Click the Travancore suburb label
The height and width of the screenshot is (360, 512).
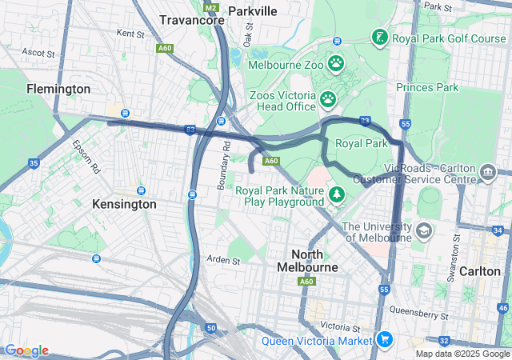tap(191, 19)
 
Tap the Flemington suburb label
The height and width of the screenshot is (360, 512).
tap(58, 88)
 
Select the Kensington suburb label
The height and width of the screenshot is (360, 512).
tap(124, 204)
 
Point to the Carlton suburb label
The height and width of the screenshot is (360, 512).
tap(479, 270)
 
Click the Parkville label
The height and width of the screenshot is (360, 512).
tap(252, 10)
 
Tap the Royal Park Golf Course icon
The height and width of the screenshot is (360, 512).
tap(379, 37)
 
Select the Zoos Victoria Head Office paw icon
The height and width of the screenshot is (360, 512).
tap(328, 99)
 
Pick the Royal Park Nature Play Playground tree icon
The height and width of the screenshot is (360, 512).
tap(338, 195)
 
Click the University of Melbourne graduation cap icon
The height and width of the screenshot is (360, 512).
tap(423, 232)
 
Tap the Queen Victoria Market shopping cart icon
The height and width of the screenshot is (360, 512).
tap(385, 340)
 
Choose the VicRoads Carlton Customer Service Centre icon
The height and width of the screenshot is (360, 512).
tap(487, 173)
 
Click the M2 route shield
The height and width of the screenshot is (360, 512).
tap(210, 7)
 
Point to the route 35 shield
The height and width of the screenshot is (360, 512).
tap(34, 163)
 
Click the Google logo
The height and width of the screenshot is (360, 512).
tap(26, 350)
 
